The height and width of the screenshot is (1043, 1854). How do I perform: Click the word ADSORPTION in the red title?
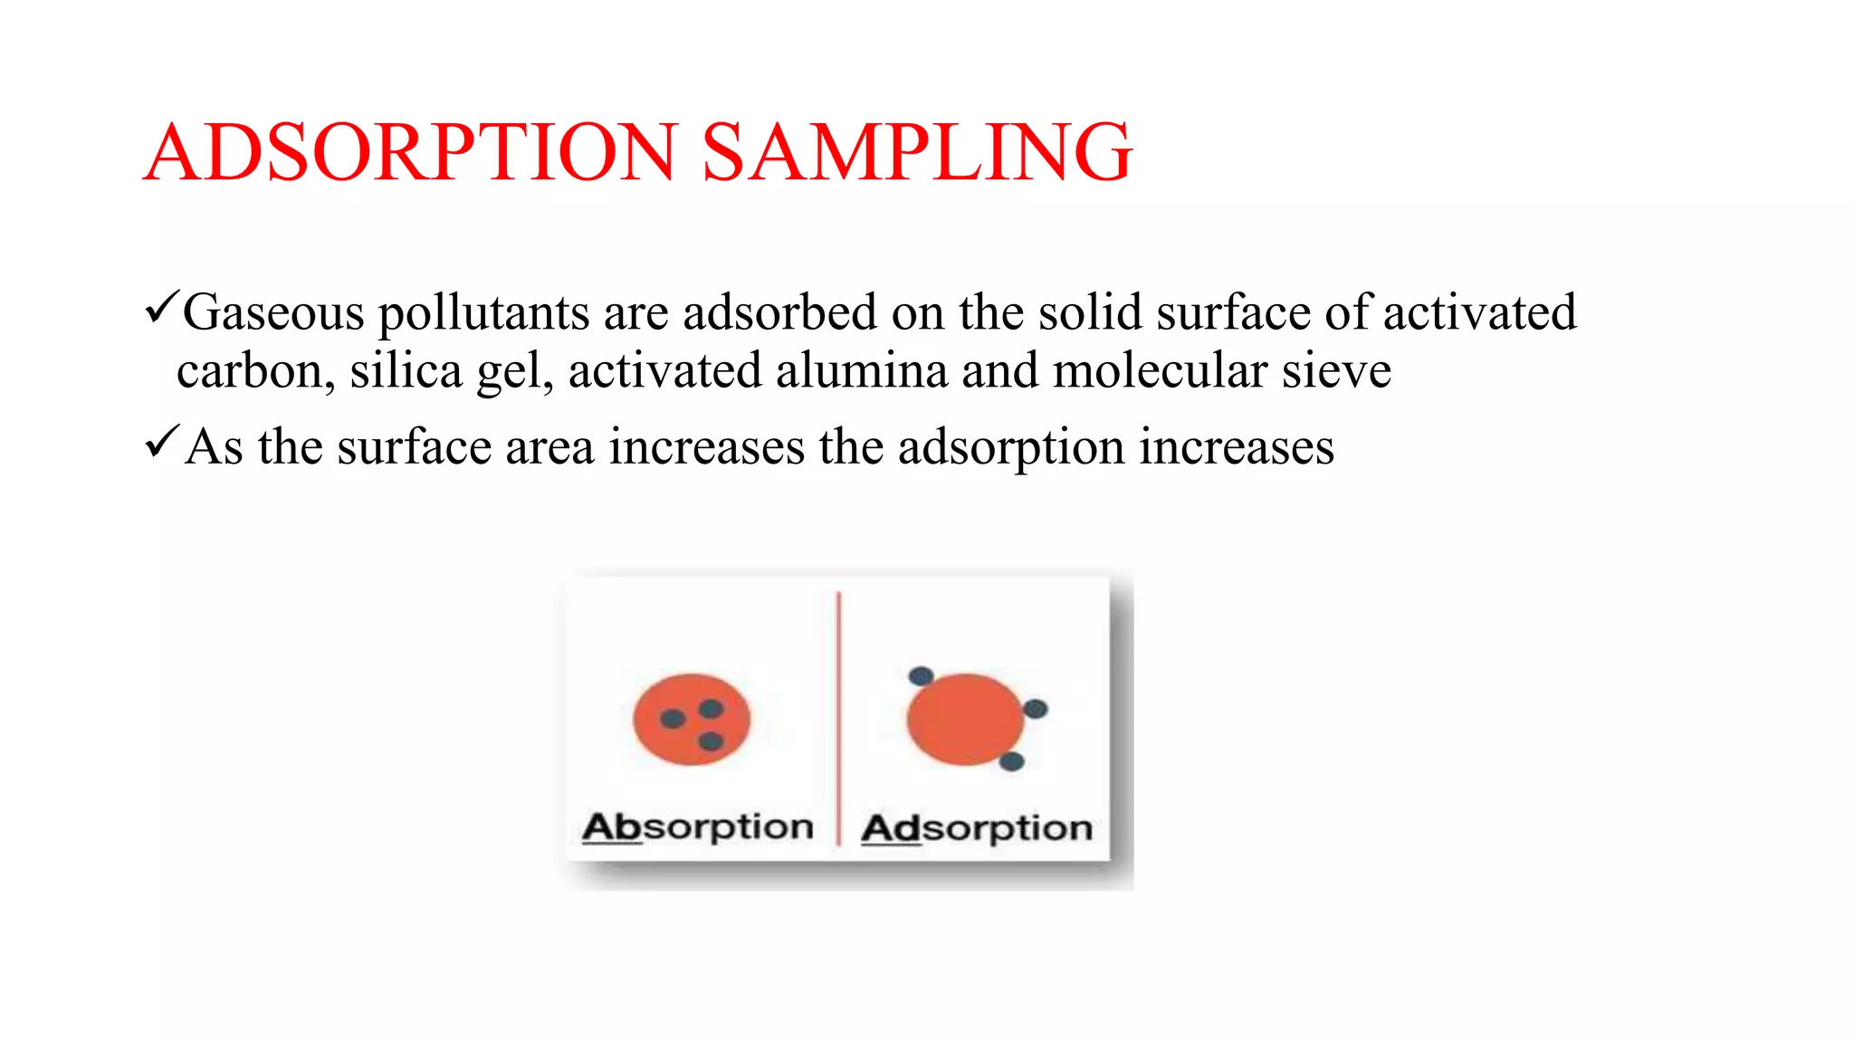click(410, 152)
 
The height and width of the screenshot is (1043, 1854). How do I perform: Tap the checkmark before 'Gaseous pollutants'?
click(161, 309)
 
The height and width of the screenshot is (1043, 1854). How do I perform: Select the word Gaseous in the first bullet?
click(273, 312)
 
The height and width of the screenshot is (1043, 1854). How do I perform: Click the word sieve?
click(1336, 371)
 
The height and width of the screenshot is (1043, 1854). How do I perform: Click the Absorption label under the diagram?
click(697, 827)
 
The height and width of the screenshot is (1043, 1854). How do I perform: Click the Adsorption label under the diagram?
click(977, 828)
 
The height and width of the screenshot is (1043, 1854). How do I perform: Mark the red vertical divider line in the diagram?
click(838, 715)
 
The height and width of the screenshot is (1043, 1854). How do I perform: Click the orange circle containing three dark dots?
click(692, 719)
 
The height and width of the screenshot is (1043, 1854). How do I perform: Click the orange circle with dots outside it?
click(964, 719)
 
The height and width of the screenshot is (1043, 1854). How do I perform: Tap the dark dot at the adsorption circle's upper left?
click(921, 675)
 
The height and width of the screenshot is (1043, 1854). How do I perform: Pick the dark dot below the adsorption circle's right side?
click(1011, 761)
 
